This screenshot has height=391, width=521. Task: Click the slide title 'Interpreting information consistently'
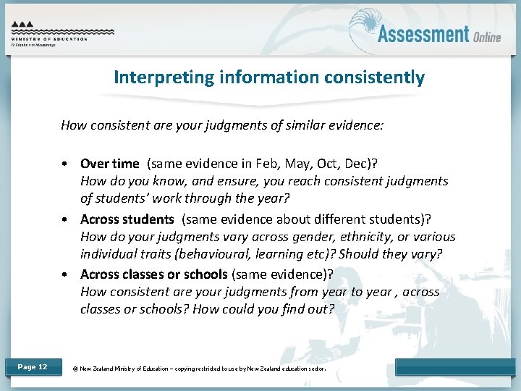click(268, 77)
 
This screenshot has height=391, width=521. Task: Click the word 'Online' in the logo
click(487, 37)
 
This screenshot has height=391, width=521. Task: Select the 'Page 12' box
click(32, 367)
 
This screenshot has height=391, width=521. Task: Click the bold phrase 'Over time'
click(110, 164)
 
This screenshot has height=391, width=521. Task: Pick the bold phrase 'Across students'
click(127, 219)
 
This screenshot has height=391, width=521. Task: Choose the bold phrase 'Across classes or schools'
click(153, 274)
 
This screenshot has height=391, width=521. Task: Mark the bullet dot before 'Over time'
click(66, 164)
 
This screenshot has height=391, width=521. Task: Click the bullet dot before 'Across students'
click(66, 219)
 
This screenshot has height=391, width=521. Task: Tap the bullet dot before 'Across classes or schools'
click(66, 274)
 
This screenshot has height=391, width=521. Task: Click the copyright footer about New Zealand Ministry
click(199, 369)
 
